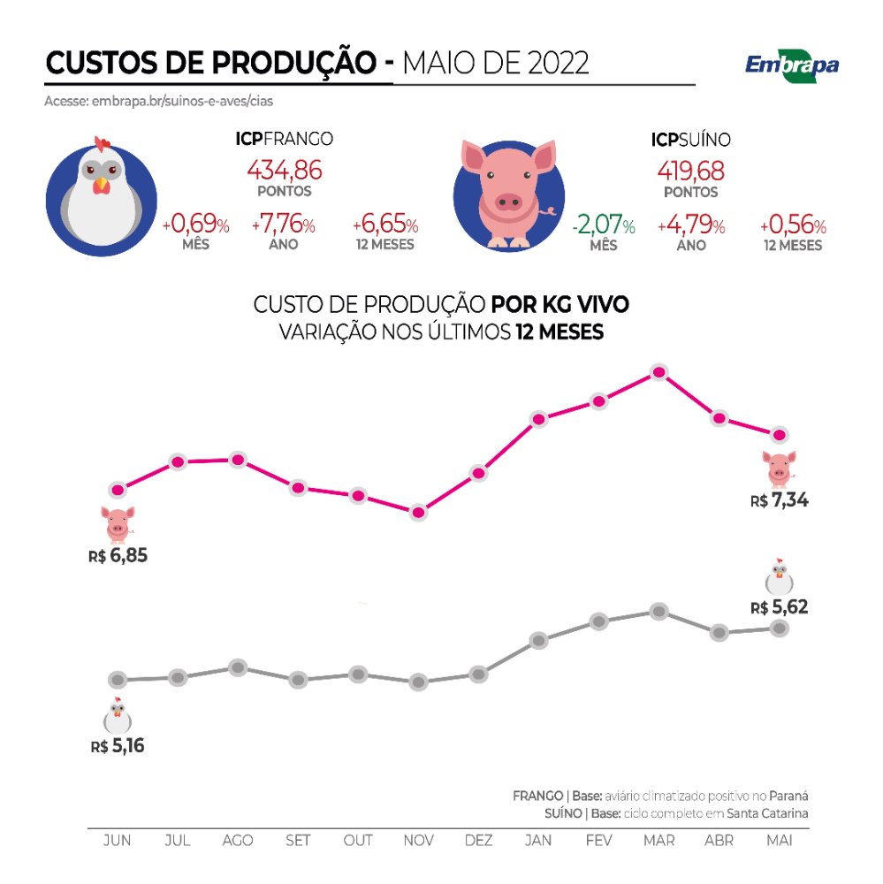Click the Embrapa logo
[791, 65]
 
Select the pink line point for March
[658, 372]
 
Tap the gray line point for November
[418, 682]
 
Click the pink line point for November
[418, 512]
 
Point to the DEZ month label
[478, 840]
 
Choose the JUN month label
[117, 840]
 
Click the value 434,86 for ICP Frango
[285, 169]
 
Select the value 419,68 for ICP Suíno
[691, 169]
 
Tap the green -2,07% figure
[604, 226]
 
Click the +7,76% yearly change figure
[284, 225]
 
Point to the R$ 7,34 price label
[780, 501]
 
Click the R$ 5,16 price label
[117, 746]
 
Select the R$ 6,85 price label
[117, 557]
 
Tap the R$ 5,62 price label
[780, 607]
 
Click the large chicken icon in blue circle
[101, 193]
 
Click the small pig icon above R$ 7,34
[779, 469]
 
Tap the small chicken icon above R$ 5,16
[117, 715]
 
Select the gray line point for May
[779, 628]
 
